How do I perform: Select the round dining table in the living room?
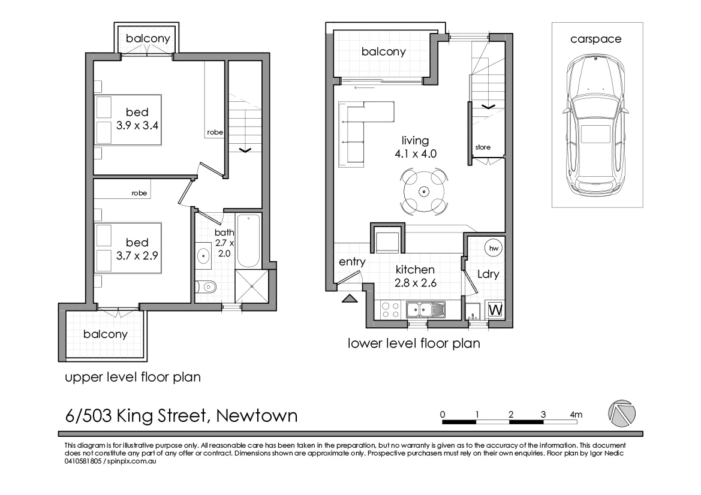423,192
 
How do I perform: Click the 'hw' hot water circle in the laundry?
494,248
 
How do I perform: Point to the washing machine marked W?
495,310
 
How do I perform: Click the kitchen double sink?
425,310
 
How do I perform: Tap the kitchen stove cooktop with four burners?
391,310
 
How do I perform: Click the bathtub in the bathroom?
248,241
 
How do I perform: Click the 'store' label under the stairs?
483,147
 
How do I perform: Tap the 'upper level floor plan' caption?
132,378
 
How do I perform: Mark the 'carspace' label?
595,39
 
